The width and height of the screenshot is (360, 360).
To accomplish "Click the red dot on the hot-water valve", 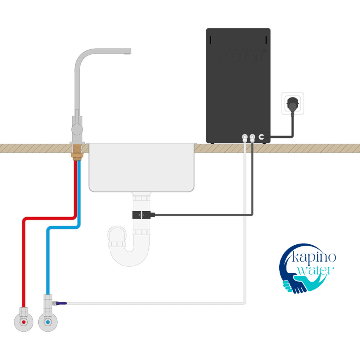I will click(x=24, y=322).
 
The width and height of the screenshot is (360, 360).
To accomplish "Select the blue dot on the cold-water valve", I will click(x=48, y=322).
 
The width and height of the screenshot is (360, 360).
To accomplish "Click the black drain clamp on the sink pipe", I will click(x=142, y=215).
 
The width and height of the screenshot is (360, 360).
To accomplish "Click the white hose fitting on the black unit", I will click(x=245, y=138).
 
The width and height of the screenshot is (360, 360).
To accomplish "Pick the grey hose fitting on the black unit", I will click(x=252, y=138).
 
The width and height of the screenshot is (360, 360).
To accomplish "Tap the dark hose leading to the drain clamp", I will click(x=200, y=215).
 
